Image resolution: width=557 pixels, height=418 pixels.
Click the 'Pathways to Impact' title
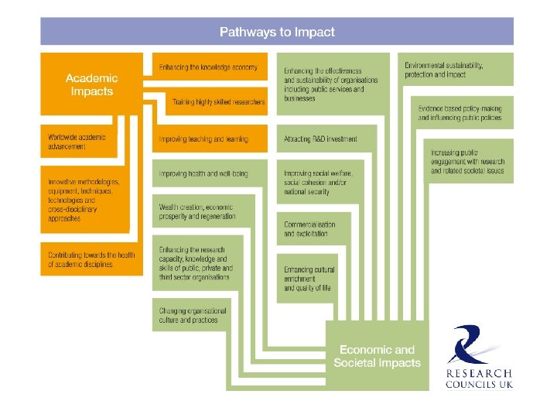tap(277, 32)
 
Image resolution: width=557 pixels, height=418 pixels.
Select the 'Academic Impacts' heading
tap(91, 84)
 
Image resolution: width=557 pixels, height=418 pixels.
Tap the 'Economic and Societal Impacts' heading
tap(377, 356)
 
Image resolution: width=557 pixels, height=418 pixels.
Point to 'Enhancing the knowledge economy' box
tap(208, 67)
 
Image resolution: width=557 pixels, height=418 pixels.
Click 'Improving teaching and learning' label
tap(203, 139)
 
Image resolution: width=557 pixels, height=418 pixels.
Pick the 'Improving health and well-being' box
tap(203, 173)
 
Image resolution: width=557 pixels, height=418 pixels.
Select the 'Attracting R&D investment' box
tap(321, 139)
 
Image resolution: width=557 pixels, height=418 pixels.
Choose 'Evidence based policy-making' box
tap(460, 113)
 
